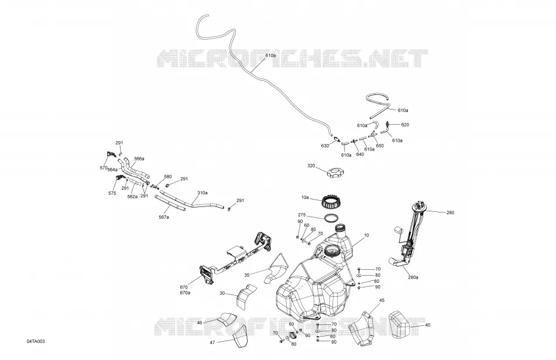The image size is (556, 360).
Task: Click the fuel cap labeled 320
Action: point(335,174)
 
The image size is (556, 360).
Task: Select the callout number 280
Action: point(450,213)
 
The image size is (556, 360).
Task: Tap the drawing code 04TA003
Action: point(36,341)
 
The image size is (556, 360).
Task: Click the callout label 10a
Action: point(305,197)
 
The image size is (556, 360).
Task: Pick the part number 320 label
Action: point(311,166)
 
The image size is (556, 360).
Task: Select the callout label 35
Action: point(247,275)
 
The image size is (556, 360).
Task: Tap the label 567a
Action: point(163,217)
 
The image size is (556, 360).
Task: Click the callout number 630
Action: point(325,146)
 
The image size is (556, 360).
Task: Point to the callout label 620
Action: point(405,125)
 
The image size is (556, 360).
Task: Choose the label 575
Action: point(112,193)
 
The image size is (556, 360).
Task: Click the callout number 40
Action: point(427,325)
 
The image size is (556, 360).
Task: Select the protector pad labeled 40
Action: point(400,324)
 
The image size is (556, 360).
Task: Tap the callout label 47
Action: point(212,342)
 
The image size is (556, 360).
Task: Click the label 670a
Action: point(185,293)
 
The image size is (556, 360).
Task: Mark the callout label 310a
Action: point(203,193)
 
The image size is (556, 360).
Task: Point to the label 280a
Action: point(413,277)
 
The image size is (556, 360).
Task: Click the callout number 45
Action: point(382,300)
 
